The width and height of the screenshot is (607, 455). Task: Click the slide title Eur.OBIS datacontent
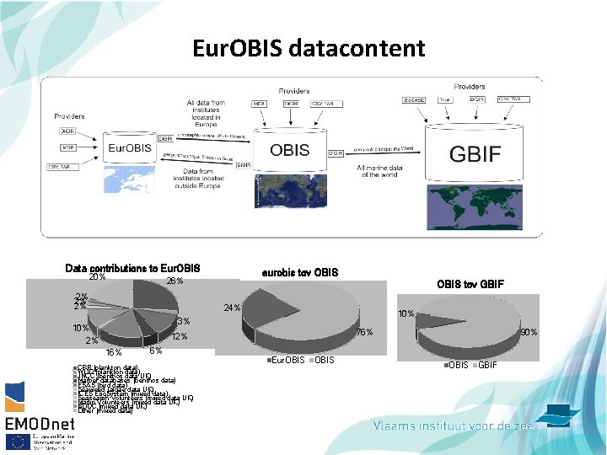[x=308, y=48]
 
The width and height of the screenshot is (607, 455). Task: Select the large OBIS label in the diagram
[x=290, y=151]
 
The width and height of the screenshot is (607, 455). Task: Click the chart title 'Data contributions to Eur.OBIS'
[x=132, y=269]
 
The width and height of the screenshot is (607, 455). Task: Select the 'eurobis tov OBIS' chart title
[x=300, y=272]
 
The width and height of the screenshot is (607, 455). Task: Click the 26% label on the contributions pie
[x=175, y=281]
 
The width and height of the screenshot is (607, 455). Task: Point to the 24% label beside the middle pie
[x=232, y=308]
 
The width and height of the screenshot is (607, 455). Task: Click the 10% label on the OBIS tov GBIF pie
[x=406, y=314]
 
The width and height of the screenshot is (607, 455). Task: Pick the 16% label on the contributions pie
[x=114, y=352]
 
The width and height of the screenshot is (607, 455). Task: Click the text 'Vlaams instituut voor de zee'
[x=453, y=426]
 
